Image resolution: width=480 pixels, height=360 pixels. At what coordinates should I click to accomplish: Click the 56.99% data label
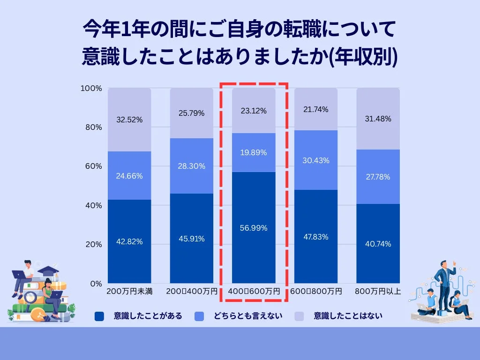click(254, 228)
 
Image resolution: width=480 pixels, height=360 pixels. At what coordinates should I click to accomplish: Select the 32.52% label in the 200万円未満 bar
click(129, 120)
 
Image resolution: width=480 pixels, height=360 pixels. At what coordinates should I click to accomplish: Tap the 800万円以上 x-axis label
click(378, 292)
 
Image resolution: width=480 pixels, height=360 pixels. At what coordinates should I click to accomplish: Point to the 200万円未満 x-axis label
click(129, 292)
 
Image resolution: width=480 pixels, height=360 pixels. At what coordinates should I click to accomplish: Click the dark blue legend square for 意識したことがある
click(99, 316)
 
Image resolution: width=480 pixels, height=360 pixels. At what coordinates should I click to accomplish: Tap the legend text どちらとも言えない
click(248, 316)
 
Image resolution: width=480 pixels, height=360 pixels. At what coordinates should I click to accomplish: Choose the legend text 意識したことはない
click(348, 316)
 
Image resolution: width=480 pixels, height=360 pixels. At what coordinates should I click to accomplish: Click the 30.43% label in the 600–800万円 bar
click(315, 160)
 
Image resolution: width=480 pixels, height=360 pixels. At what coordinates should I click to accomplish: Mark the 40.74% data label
click(378, 244)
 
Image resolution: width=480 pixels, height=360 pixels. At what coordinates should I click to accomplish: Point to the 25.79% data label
click(191, 113)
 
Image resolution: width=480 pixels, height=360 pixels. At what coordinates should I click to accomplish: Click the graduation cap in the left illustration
click(48, 270)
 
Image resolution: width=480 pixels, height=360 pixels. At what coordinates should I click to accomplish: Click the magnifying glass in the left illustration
click(31, 297)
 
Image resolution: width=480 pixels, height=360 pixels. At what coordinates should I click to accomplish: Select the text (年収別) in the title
click(364, 57)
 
